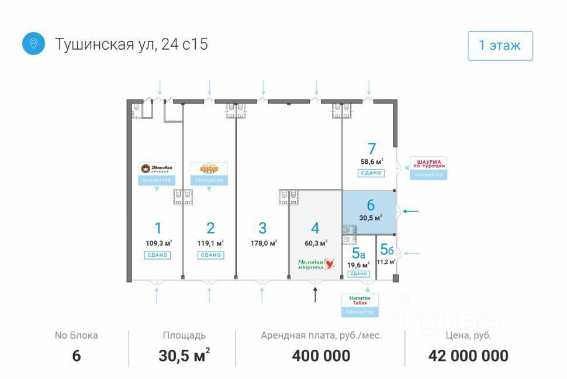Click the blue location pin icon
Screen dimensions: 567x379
33,44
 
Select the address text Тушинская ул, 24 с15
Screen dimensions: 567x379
132,44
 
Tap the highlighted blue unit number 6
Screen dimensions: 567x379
370,205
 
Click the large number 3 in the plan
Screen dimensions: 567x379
262,228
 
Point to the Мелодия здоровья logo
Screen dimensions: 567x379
316,264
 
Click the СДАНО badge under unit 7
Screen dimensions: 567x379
370,173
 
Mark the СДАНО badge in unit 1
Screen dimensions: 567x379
157,255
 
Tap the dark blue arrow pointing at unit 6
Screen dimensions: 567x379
411,211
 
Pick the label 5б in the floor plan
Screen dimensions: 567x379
387,250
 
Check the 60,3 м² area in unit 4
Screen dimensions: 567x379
315,243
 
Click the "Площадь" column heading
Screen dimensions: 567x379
184,336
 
